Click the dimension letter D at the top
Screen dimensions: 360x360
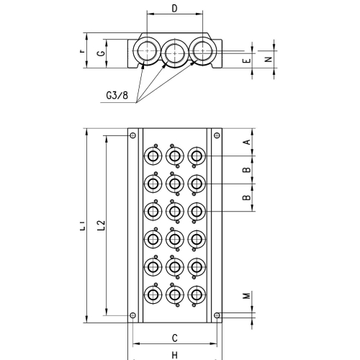pos(175,9)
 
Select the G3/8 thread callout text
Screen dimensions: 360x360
pos(117,96)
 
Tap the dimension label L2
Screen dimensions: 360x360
pos(102,225)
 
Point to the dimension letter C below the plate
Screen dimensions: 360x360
pos(175,338)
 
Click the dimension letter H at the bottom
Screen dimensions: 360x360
pos(175,355)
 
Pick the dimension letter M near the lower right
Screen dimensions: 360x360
pos(246,296)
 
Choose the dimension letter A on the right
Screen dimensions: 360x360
pos(246,142)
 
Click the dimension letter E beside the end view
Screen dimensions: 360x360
pos(247,60)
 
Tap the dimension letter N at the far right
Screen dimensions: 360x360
pos(269,59)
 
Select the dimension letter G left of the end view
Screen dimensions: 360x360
pos(102,53)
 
